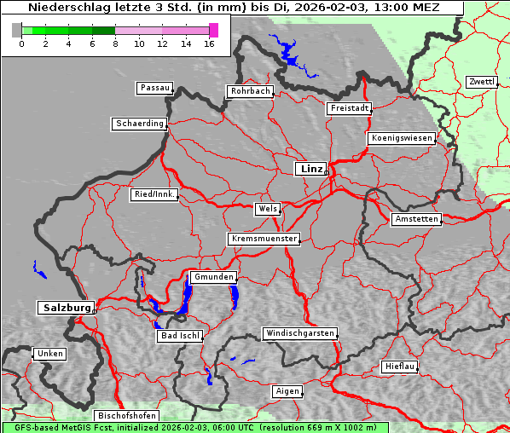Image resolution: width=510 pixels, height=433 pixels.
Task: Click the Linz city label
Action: pyautogui.click(x=310, y=169)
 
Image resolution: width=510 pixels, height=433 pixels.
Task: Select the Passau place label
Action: pyautogui.click(x=154, y=88)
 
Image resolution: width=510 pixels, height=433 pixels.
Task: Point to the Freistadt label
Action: pyautogui.click(x=349, y=108)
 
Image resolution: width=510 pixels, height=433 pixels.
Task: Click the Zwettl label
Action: pyautogui.click(x=481, y=82)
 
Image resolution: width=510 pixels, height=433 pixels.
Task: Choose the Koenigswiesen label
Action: pyautogui.click(x=402, y=138)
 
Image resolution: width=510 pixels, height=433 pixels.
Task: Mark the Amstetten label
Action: pyautogui.click(x=416, y=219)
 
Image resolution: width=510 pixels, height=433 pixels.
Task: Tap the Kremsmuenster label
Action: pyautogui.click(x=264, y=239)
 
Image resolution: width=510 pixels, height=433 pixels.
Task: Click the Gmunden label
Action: pyautogui.click(x=212, y=277)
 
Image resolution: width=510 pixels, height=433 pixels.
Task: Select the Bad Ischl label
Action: pyautogui.click(x=180, y=336)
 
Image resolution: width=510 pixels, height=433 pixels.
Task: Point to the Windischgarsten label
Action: pyautogui.click(x=299, y=333)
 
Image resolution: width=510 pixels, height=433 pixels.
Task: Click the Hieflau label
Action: pyautogui.click(x=400, y=367)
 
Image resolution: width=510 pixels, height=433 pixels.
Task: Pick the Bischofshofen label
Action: pyautogui.click(x=125, y=415)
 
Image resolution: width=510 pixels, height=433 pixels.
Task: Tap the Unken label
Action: pyautogui.click(x=49, y=353)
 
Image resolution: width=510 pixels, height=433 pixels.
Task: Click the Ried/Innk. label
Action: pyautogui.click(x=154, y=194)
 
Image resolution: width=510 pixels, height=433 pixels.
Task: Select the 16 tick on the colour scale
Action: pyautogui.click(x=209, y=43)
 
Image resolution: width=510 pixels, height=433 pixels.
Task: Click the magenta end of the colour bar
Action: pyautogui.click(x=213, y=30)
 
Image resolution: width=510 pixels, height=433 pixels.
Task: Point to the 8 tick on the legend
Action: pyautogui.click(x=115, y=43)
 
